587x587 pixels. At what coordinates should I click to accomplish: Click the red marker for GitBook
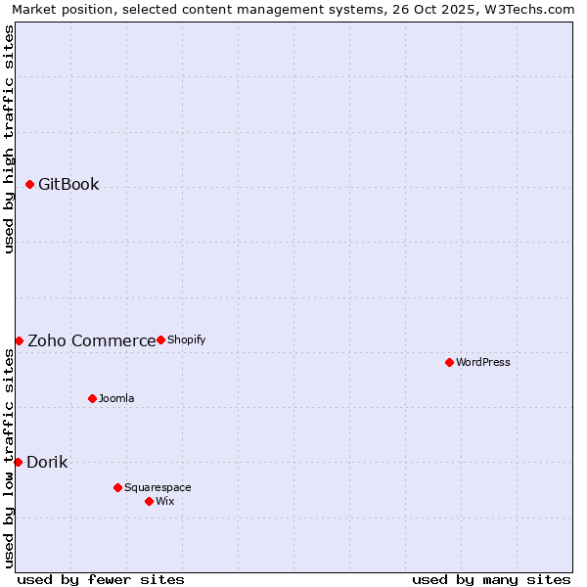click(x=29, y=184)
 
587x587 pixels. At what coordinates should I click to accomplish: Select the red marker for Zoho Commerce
click(x=19, y=340)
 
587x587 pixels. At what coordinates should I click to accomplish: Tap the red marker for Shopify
click(x=160, y=339)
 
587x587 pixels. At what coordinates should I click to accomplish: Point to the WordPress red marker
click(x=449, y=362)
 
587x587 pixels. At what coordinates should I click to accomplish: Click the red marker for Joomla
click(x=92, y=398)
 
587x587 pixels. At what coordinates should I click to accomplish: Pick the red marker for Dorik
click(x=18, y=462)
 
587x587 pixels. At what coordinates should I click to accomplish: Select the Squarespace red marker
click(x=117, y=487)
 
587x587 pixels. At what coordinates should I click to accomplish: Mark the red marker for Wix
click(x=149, y=501)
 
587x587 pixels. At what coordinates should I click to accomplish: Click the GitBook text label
click(x=68, y=184)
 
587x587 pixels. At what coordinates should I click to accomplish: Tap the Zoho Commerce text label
click(x=91, y=340)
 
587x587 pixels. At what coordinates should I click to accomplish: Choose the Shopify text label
click(x=186, y=339)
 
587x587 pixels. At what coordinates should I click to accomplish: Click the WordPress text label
click(x=482, y=362)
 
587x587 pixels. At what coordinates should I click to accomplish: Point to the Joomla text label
click(x=116, y=398)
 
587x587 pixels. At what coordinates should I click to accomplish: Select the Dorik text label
click(x=47, y=462)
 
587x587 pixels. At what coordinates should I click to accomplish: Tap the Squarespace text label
click(x=158, y=487)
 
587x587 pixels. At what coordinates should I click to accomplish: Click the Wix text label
click(x=165, y=501)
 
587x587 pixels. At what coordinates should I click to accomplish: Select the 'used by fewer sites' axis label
click(x=101, y=579)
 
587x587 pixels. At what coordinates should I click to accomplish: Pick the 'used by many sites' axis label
click(x=491, y=579)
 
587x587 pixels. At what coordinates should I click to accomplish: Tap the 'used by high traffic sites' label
click(x=9, y=139)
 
